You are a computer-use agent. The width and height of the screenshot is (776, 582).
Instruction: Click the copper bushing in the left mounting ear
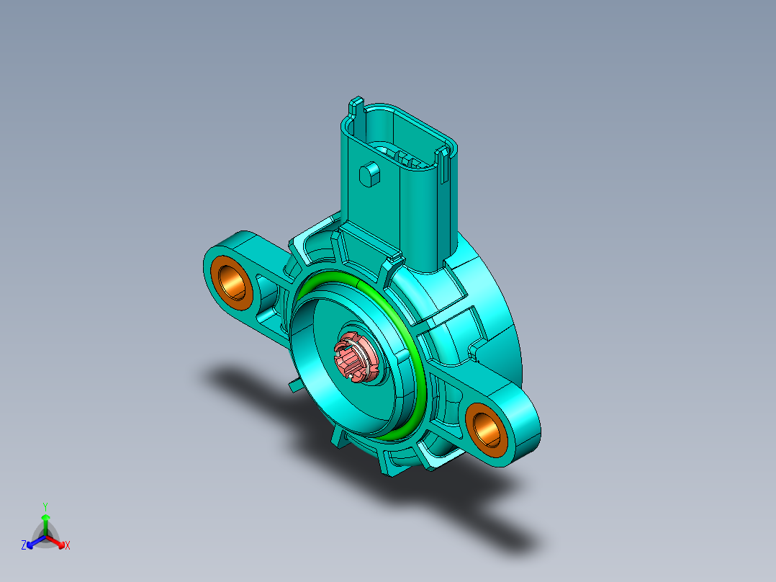[x=231, y=280]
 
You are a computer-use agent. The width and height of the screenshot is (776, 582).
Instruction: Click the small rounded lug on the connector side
[x=369, y=174]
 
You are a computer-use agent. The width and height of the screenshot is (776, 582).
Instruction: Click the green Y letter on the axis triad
[x=45, y=506]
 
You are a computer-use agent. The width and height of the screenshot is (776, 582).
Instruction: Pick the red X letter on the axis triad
[x=68, y=546]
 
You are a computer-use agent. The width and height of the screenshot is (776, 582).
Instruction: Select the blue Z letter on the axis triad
[x=24, y=546]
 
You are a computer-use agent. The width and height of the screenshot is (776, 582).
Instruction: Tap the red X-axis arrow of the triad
[x=59, y=542]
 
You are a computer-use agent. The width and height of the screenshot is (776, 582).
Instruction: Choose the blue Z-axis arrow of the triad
[x=32, y=542]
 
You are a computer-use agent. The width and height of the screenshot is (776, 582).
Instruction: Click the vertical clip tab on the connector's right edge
[x=445, y=166]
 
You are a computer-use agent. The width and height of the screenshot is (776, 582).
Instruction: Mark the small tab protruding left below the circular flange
[x=294, y=386]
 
